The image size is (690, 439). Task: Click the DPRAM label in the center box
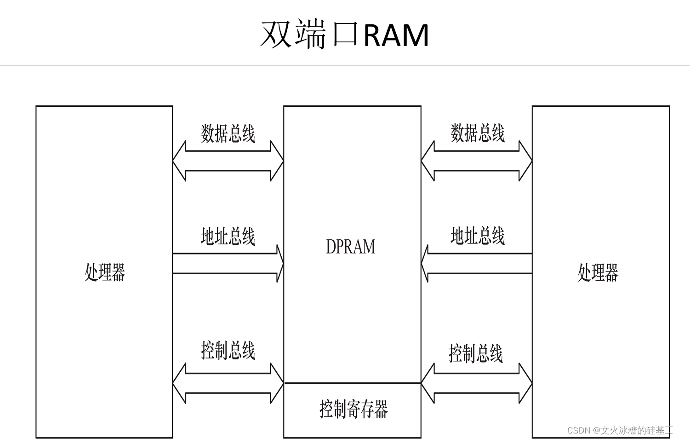pyautogui.click(x=350, y=247)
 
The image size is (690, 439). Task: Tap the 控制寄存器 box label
pyautogui.click(x=353, y=409)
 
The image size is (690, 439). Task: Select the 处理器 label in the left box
pyautogui.click(x=105, y=272)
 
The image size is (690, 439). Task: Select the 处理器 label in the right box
pyautogui.click(x=598, y=272)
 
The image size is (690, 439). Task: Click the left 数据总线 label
pyautogui.click(x=228, y=133)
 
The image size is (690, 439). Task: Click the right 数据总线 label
pyautogui.click(x=477, y=133)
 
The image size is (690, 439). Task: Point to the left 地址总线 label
pyautogui.click(x=228, y=237)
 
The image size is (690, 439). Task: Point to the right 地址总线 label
pyautogui.click(x=477, y=236)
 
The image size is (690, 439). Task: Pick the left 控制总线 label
pyautogui.click(x=228, y=351)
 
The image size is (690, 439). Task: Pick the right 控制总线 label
pyautogui.click(x=475, y=353)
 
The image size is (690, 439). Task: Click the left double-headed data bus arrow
pyautogui.click(x=228, y=161)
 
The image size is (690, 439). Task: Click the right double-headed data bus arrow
pyautogui.click(x=477, y=161)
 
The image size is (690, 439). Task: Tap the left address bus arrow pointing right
pyautogui.click(x=225, y=264)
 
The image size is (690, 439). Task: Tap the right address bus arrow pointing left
pyautogui.click(x=478, y=264)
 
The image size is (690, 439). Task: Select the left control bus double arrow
pyautogui.click(x=228, y=383)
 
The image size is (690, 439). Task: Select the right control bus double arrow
pyautogui.click(x=477, y=383)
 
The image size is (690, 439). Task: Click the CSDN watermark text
pyautogui.click(x=624, y=430)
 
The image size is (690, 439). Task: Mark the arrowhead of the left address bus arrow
pyautogui.click(x=280, y=264)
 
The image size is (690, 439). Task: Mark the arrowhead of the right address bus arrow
pyautogui.click(x=425, y=264)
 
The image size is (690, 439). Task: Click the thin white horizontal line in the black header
pyautogui.click(x=345, y=65)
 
